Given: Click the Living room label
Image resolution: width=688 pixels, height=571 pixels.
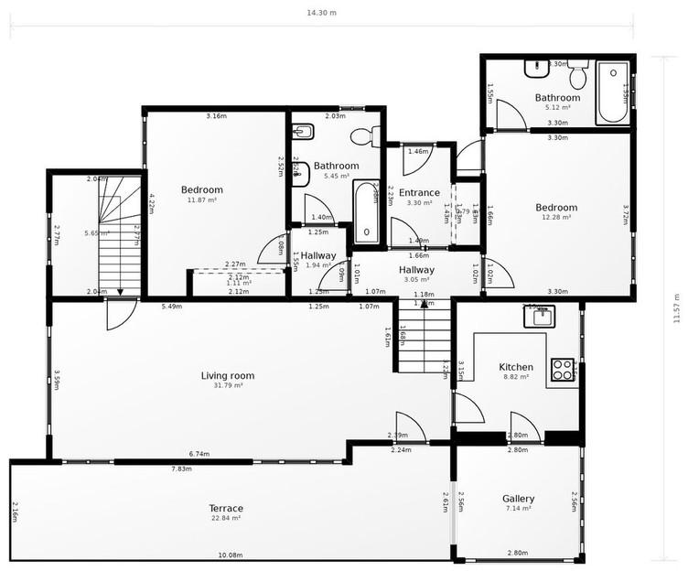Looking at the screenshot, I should click(x=228, y=375).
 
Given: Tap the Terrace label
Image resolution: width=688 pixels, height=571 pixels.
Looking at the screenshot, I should click(x=226, y=508).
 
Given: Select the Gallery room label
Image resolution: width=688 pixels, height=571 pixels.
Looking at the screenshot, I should click(x=519, y=499).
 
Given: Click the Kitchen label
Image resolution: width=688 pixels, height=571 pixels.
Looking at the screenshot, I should click(x=515, y=367).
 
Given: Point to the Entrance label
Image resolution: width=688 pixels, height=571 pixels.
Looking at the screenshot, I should click(x=419, y=192).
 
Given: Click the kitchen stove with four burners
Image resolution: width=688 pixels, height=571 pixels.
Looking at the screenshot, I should click(x=563, y=370).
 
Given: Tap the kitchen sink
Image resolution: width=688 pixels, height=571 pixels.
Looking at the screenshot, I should click(x=537, y=317).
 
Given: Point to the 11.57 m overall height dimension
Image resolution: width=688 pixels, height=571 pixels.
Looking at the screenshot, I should click(x=676, y=308).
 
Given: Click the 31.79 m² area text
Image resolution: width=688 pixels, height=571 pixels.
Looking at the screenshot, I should click(x=228, y=385).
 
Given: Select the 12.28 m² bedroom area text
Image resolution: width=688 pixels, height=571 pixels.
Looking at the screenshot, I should click(x=556, y=217).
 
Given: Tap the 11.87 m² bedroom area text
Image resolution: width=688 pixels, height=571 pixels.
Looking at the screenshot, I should click(x=202, y=199).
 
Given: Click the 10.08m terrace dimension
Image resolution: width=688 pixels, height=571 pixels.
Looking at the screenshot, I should click(x=231, y=555).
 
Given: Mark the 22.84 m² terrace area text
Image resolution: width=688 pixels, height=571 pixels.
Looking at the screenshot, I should click(x=226, y=518).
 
